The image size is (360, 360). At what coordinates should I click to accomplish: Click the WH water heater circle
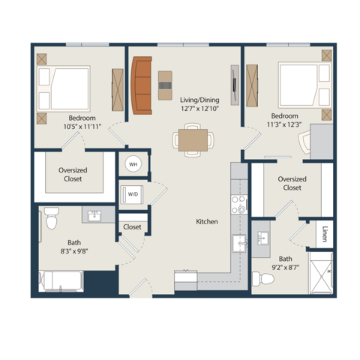pyautogui.click(x=133, y=164)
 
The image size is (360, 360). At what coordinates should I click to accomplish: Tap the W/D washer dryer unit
pyautogui.click(x=132, y=194)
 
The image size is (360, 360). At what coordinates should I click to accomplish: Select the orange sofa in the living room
pyautogui.click(x=142, y=85)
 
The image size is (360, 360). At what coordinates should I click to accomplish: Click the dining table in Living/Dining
pyautogui.click(x=193, y=140)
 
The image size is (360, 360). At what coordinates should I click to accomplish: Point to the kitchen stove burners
pyautogui.click(x=238, y=205)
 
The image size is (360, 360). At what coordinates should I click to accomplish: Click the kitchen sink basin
pyautogui.click(x=239, y=243)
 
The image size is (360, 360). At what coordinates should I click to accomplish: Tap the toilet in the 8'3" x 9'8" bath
pyautogui.click(x=52, y=218)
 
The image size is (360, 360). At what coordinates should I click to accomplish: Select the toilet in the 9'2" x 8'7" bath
pyautogui.click(x=263, y=279)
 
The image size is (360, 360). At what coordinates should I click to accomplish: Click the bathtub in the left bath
pyautogui.click(x=61, y=281)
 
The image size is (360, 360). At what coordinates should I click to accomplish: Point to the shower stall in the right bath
pyautogui.click(x=322, y=273)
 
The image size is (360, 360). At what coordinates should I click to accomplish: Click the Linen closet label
pyautogui.click(x=325, y=234)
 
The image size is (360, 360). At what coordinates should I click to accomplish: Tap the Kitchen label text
pyautogui.click(x=207, y=221)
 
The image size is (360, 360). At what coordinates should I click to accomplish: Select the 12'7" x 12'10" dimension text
pyautogui.click(x=200, y=109)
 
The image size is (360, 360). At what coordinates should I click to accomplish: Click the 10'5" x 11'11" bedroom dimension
pyautogui.click(x=82, y=127)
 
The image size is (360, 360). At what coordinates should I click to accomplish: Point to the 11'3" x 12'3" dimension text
pyautogui.click(x=284, y=124)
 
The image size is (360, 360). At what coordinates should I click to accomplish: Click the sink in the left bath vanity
pyautogui.click(x=94, y=215)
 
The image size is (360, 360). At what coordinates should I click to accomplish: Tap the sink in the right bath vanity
pyautogui.click(x=263, y=238)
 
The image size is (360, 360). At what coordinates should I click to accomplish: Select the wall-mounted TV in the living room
pyautogui.click(x=235, y=85)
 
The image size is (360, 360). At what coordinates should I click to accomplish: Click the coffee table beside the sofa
pyautogui.click(x=165, y=85)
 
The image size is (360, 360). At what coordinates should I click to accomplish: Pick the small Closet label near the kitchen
pyautogui.click(x=132, y=227)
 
